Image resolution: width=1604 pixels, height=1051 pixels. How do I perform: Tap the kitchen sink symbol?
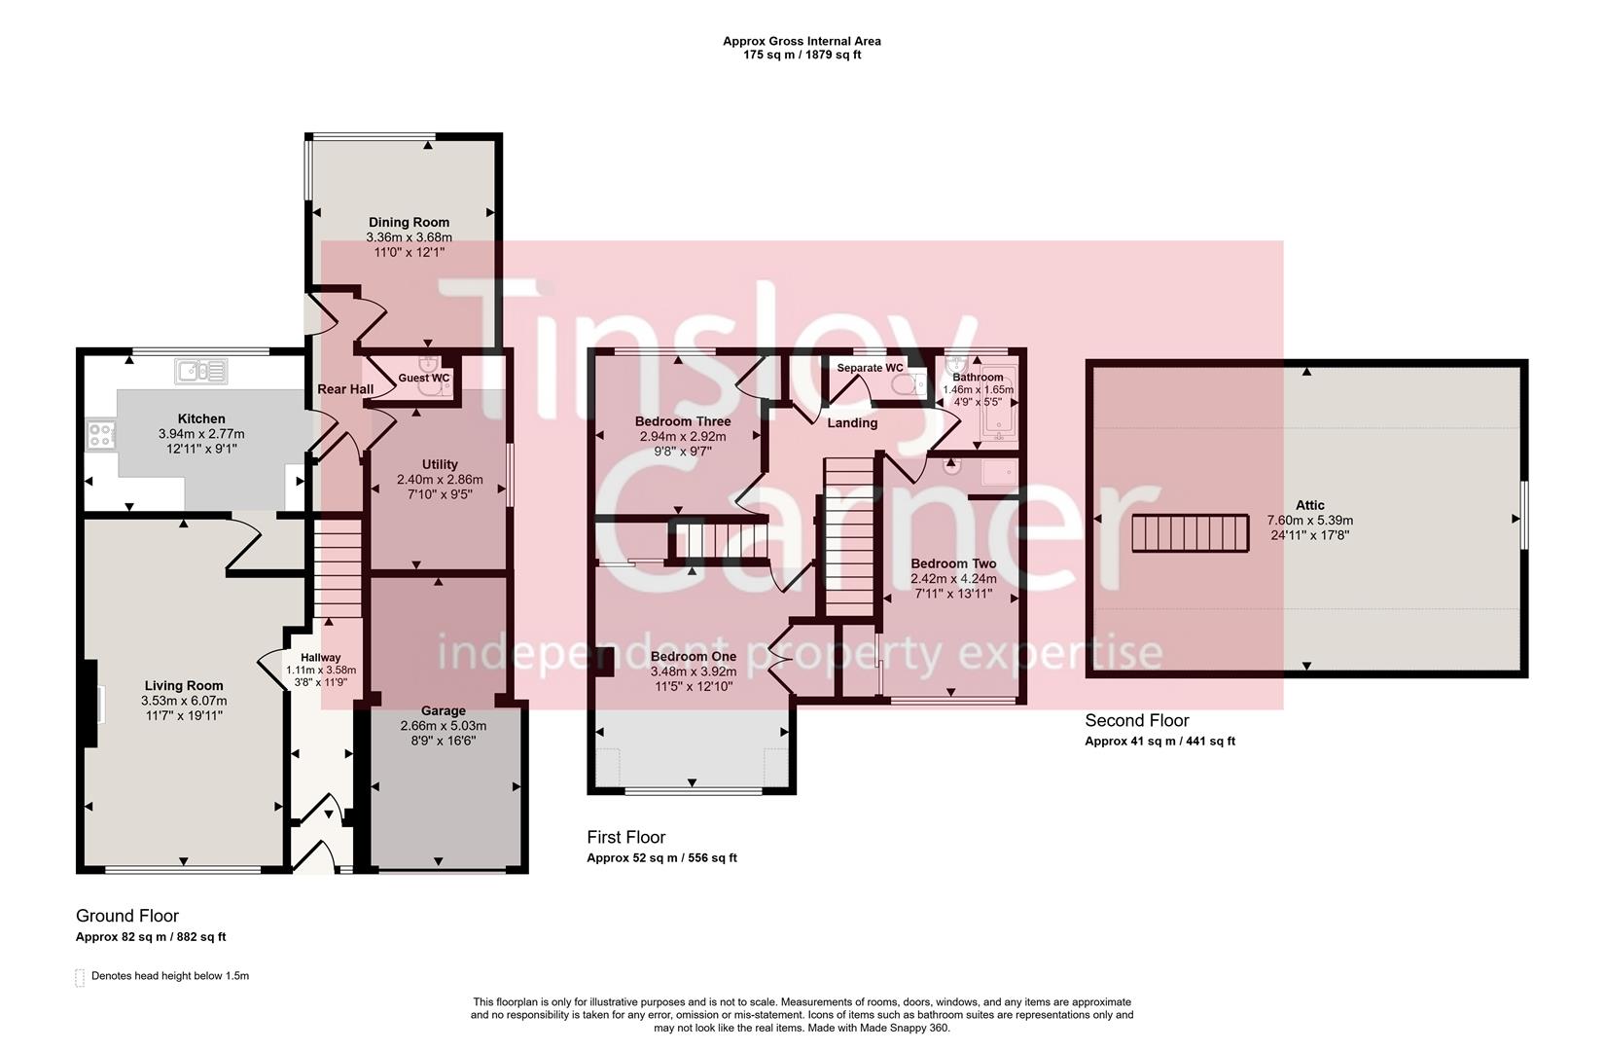click(201, 371)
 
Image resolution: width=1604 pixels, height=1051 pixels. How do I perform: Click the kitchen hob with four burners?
click(100, 435)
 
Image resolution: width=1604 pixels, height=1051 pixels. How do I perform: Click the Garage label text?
click(443, 710)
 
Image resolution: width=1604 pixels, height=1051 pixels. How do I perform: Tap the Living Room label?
click(184, 685)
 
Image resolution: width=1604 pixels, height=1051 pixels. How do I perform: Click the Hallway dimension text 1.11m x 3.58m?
click(321, 670)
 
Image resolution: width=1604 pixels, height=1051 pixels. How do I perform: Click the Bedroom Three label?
click(682, 421)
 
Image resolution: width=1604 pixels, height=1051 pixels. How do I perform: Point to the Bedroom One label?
click(693, 656)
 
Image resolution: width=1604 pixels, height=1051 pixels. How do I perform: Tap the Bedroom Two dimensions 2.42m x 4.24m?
click(953, 579)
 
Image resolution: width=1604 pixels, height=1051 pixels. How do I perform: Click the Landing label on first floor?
click(852, 422)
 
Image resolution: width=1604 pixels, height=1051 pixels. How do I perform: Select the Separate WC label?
click(870, 368)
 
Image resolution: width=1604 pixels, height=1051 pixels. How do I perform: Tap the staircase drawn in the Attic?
click(1190, 533)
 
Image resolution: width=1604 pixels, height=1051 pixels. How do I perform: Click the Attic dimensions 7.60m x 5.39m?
click(1309, 520)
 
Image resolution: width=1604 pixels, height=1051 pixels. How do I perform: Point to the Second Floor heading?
click(1136, 721)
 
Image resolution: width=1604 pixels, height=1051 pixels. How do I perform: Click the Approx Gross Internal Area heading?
click(802, 41)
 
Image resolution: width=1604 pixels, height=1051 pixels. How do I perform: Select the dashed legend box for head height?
click(80, 977)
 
